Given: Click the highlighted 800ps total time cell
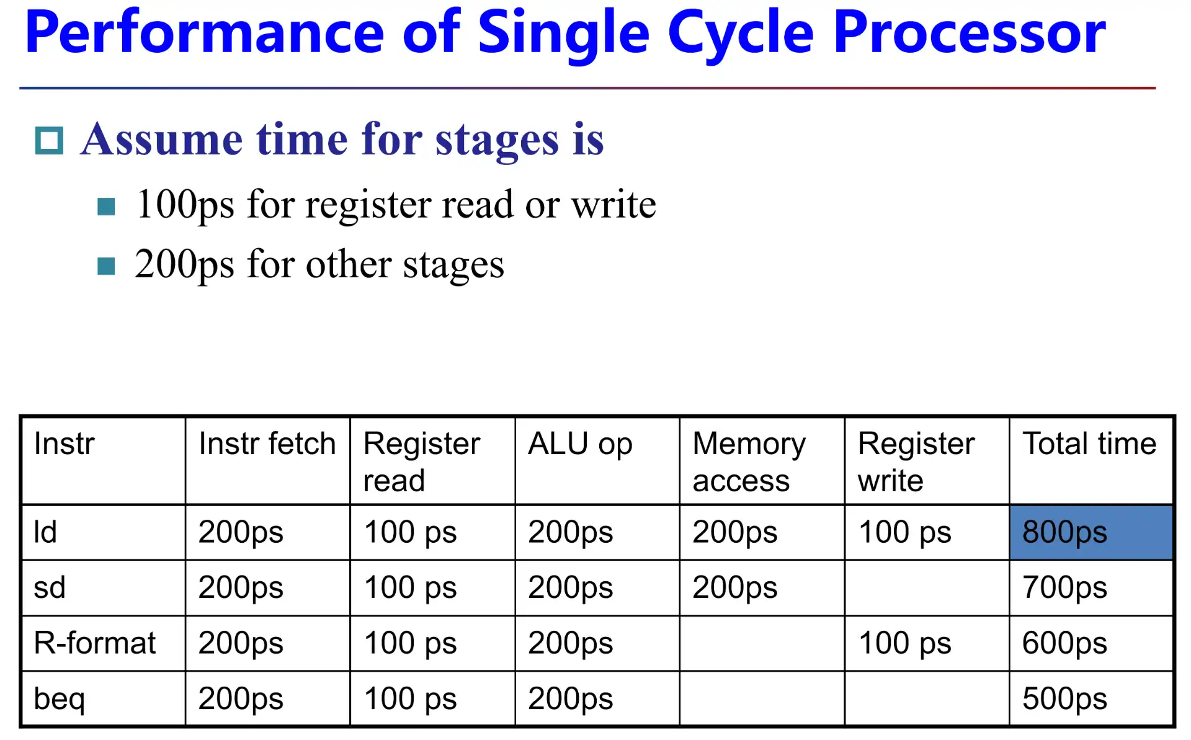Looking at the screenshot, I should pos(1090,532).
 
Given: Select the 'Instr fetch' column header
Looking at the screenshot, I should pos(267,444).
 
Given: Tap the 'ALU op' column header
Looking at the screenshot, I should pos(580,444).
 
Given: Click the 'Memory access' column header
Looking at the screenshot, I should pos(749,461).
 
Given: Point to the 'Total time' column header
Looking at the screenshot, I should pos(1089,444).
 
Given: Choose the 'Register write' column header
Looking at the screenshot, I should pos(916,461).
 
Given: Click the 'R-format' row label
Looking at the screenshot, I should pos(95,643).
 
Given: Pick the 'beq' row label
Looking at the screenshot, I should pos(59,698).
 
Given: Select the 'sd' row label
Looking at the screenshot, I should pos(50,587).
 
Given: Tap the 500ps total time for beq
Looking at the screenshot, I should pos(1064,698).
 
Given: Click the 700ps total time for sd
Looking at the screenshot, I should pos(1064,587).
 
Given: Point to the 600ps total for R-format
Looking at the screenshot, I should pos(1064,643).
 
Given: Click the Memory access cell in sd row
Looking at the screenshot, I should pos(734,587).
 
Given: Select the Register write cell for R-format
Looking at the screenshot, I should pos(904,643).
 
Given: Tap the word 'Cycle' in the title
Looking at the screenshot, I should pos(740,34).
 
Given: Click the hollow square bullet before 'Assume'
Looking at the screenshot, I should pos(49,140).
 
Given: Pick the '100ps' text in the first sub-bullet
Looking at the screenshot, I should pos(185,205).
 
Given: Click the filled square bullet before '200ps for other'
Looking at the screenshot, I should pos(106,266).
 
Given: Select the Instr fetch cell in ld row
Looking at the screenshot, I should pos(241,532).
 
